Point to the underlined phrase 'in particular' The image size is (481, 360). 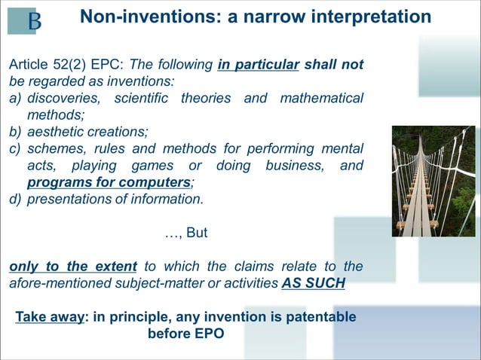[258, 66]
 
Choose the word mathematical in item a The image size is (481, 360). [321, 99]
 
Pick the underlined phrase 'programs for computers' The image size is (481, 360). [109, 182]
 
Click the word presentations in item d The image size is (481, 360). [70, 199]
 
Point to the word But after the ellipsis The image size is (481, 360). [196, 233]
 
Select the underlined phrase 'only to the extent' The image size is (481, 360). [73, 267]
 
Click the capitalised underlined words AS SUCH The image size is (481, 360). [314, 283]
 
